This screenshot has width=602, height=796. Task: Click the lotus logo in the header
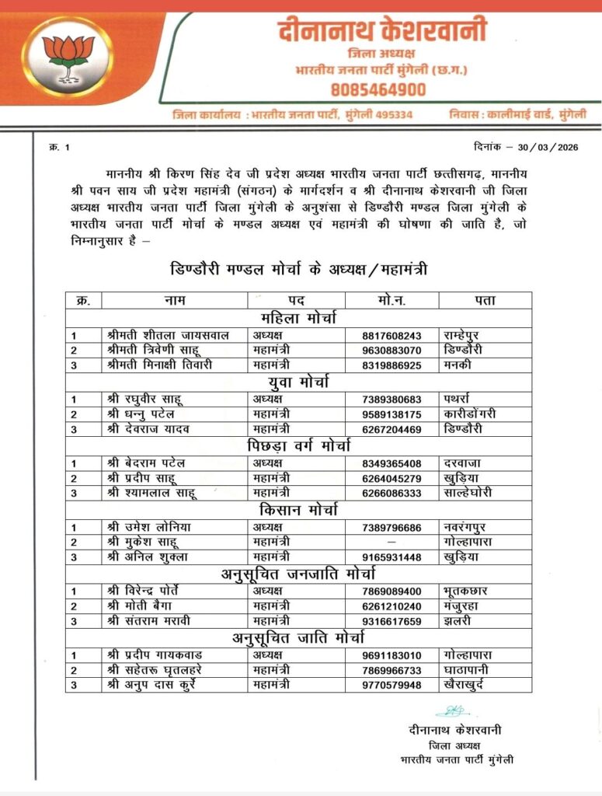pos(68,55)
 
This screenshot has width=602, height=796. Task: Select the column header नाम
pos(174,300)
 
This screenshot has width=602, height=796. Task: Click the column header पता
pos(485,300)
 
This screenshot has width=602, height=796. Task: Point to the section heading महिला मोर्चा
pos(298,318)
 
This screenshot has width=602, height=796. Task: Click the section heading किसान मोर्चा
pos(298,509)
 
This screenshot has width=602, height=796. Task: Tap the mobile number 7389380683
pos(391,399)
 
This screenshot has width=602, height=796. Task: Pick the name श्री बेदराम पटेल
pos(147,463)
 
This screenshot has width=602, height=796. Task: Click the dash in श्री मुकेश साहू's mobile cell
pos(391,541)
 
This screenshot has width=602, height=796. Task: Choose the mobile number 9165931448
pos(391,556)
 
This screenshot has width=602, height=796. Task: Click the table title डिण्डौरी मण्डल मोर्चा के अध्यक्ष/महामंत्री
pos(298,269)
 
